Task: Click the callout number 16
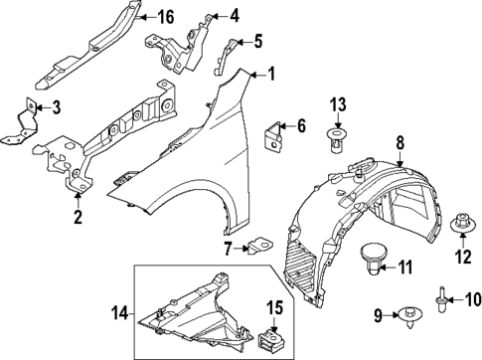(167, 16)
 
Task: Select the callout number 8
(401, 144)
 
